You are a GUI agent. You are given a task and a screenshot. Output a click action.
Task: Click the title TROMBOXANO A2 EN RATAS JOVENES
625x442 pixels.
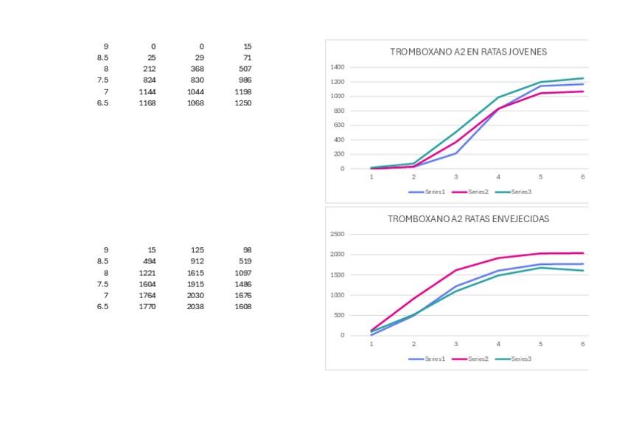click(x=468, y=52)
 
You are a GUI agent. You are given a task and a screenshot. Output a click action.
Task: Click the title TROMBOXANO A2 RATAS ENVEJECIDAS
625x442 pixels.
click(x=468, y=219)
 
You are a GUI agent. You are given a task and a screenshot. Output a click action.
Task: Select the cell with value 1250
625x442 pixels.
click(x=242, y=103)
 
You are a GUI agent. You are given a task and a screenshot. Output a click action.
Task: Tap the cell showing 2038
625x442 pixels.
click(x=195, y=306)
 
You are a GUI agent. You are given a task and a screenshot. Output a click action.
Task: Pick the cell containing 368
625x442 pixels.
click(x=197, y=69)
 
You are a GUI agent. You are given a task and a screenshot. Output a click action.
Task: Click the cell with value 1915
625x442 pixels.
click(x=195, y=284)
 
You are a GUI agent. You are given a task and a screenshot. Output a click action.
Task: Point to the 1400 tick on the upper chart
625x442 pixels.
click(x=337, y=67)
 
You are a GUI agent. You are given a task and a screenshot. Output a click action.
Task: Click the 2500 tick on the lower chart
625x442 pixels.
click(x=337, y=235)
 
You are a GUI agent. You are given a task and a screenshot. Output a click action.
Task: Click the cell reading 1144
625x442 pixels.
click(x=147, y=91)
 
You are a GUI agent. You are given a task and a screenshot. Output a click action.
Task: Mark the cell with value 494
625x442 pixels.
click(x=148, y=261)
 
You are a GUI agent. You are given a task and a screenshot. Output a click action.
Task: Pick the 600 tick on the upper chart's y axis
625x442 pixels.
click(x=338, y=125)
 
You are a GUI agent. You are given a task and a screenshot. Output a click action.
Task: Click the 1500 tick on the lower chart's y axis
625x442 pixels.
click(x=337, y=275)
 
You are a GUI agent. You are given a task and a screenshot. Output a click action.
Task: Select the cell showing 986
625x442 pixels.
click(x=245, y=80)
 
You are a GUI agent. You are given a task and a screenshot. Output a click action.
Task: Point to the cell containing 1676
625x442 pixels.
click(x=242, y=295)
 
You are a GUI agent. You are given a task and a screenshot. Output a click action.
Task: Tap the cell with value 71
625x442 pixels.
click(x=247, y=58)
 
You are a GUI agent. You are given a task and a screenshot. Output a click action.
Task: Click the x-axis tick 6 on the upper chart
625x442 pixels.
click(x=582, y=177)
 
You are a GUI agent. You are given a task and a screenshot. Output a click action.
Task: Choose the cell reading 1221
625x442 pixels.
click(x=147, y=272)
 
